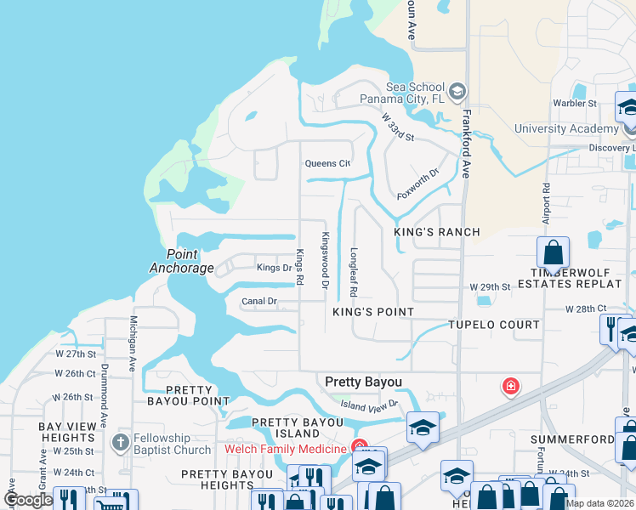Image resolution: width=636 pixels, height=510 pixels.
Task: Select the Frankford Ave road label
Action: [466, 147]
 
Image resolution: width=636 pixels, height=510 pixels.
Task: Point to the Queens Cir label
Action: [327, 163]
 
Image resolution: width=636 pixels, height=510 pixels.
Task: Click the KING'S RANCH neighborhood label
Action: [437, 232]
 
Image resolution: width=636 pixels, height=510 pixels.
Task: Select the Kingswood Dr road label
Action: [324, 259]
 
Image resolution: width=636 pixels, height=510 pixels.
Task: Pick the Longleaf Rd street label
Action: [353, 271]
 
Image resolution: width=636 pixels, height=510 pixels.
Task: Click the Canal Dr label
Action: [259, 301]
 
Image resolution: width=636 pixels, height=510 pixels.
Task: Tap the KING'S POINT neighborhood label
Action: [372, 312]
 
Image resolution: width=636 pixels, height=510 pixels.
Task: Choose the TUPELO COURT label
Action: [494, 325]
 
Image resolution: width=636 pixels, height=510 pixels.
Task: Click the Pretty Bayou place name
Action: [363, 382]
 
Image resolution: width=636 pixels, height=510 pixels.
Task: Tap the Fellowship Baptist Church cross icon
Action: [121, 442]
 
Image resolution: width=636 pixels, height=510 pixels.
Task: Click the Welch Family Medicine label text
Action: [285, 449]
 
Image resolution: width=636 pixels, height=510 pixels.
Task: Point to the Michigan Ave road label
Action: [133, 344]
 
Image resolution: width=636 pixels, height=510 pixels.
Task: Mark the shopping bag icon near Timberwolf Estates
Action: [553, 252]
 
